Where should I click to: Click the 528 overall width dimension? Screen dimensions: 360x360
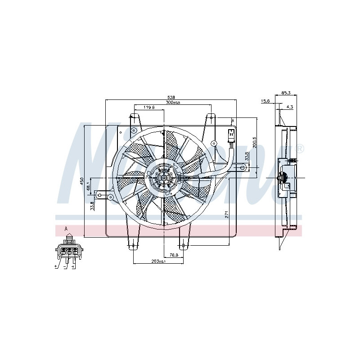tap(171, 97)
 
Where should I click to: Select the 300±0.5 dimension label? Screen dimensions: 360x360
tap(172, 103)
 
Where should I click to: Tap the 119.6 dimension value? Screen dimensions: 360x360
tap(149, 108)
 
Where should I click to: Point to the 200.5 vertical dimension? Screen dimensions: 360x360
tap(254, 142)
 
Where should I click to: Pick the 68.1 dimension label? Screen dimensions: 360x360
tap(89, 185)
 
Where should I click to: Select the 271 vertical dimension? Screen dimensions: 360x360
tap(228, 215)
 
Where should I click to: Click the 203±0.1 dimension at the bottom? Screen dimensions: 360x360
tap(159, 261)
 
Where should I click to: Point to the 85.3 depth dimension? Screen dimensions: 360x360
tap(286, 93)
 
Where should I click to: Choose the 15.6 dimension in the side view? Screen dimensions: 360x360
tap(265, 101)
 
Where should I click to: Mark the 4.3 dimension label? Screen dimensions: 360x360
tap(289, 107)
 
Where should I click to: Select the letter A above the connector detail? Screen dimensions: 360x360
tap(66, 229)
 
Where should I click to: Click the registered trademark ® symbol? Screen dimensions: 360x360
tap(299, 149)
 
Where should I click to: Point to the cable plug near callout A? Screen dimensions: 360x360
tap(230, 135)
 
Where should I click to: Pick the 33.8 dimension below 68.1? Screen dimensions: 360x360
tap(92, 206)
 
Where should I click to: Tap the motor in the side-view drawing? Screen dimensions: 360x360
tap(284, 178)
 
